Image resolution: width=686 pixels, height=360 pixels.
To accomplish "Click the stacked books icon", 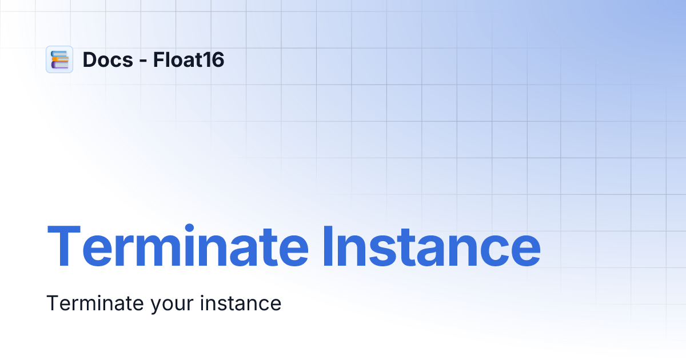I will [x=59, y=59].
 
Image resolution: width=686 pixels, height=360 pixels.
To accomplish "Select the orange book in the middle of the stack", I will [x=60, y=59].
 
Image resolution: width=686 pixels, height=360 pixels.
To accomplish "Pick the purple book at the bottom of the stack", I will [x=59, y=65].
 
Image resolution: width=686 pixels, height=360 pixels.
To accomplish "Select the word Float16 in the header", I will [x=189, y=59].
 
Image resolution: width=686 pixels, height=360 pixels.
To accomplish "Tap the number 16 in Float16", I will [x=214, y=59].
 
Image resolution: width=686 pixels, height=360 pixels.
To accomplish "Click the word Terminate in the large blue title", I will [x=177, y=247].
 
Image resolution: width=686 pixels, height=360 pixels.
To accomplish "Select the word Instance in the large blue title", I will [x=432, y=247].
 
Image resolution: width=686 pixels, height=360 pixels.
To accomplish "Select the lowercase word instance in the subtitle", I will [x=241, y=303].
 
